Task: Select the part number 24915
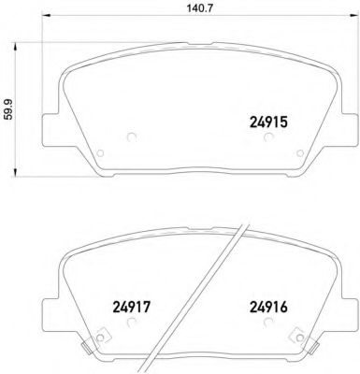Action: click(x=269, y=120)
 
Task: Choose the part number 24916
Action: click(x=269, y=305)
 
